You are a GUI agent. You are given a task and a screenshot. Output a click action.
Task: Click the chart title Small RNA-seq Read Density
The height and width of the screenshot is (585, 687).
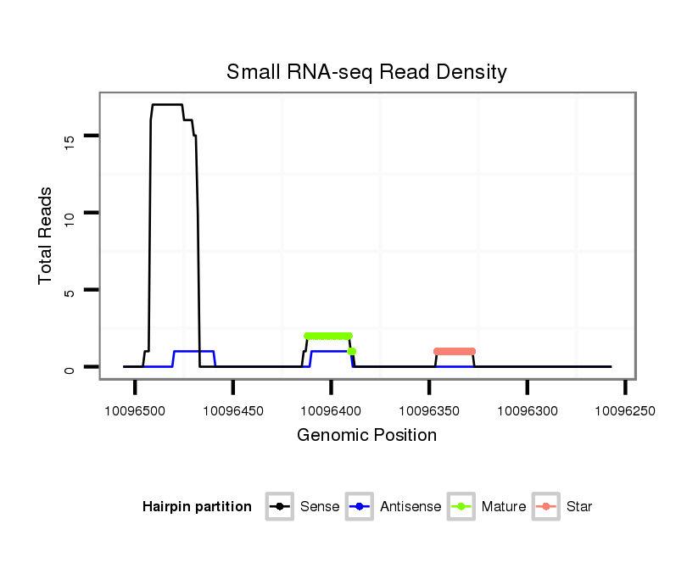click(x=366, y=72)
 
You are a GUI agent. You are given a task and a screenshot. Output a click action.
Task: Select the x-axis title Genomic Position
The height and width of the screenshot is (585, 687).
click(x=366, y=436)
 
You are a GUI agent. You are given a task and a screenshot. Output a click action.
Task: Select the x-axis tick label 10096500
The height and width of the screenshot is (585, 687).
click(x=135, y=411)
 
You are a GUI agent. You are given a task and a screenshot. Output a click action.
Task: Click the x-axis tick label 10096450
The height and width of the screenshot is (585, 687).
click(x=233, y=411)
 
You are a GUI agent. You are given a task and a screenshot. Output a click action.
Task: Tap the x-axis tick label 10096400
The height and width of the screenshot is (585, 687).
click(x=331, y=411)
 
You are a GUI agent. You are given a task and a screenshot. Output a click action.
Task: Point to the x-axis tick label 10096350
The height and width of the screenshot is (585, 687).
click(x=429, y=411)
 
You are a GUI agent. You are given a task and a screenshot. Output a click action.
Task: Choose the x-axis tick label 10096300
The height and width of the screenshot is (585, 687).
click(x=528, y=411)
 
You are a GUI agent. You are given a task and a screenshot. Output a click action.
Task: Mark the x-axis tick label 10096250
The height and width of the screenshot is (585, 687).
click(x=625, y=411)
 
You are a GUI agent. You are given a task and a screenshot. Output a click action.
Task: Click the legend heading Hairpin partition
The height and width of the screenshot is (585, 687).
click(x=197, y=507)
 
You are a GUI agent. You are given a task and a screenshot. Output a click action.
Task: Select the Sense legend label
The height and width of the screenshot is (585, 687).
click(x=320, y=507)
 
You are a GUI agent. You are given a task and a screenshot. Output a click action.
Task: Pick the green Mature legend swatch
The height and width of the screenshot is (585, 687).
click(x=461, y=507)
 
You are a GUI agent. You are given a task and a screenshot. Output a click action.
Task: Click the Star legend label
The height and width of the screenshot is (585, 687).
click(x=579, y=507)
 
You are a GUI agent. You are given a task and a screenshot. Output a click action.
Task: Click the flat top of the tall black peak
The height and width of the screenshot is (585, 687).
click(x=167, y=104)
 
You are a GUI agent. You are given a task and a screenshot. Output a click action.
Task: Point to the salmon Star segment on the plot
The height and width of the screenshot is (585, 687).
click(x=455, y=351)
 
